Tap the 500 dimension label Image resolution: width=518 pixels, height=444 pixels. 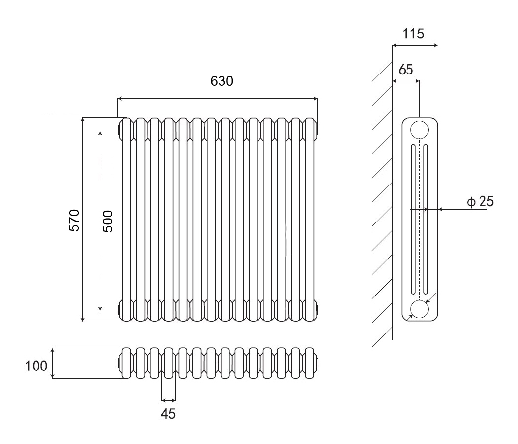click(x=109, y=221)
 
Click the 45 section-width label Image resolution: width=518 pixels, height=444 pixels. click(x=168, y=414)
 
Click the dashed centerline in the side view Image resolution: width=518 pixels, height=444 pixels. click(x=419, y=222)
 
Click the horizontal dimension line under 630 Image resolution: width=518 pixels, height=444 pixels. click(x=217, y=99)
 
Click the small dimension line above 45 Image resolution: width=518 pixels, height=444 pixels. click(x=168, y=399)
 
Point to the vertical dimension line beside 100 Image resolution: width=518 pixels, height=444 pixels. click(x=53, y=363)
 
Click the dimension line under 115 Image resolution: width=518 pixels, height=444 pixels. click(x=414, y=46)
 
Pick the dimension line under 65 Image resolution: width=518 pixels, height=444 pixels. click(x=406, y=81)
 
